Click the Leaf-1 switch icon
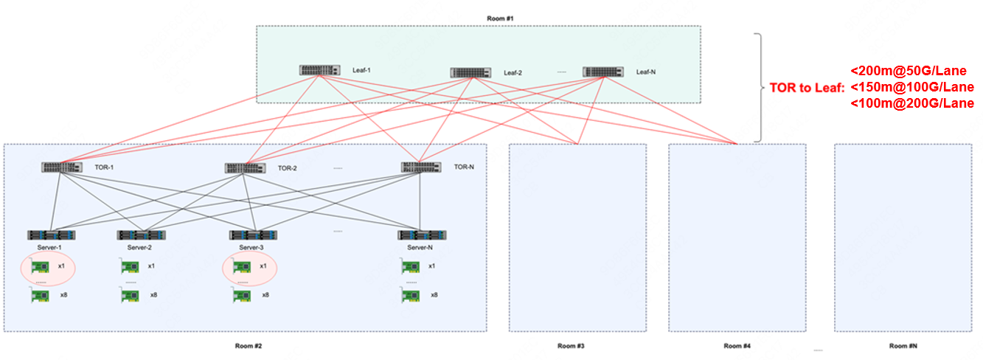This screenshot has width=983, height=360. coord(320,70)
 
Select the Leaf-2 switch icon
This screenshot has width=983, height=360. coord(470,73)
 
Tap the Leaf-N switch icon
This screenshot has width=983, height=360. coord(602,72)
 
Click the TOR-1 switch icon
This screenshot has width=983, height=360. coord(62,167)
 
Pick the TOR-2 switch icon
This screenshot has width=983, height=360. coord(245,168)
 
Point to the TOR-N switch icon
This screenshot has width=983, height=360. coord(421,167)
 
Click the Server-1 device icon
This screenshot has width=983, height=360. coord(51,235)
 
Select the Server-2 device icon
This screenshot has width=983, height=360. coord(141,235)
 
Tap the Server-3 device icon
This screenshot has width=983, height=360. coord(253,235)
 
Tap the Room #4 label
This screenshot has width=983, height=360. coord(737,346)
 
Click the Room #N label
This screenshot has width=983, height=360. coord(903,346)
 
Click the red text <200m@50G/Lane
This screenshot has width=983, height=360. coord(908,72)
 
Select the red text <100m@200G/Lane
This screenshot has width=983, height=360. coord(912,103)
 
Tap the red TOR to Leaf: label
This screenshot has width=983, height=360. coord(806,87)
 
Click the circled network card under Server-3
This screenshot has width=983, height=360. coord(241,266)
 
